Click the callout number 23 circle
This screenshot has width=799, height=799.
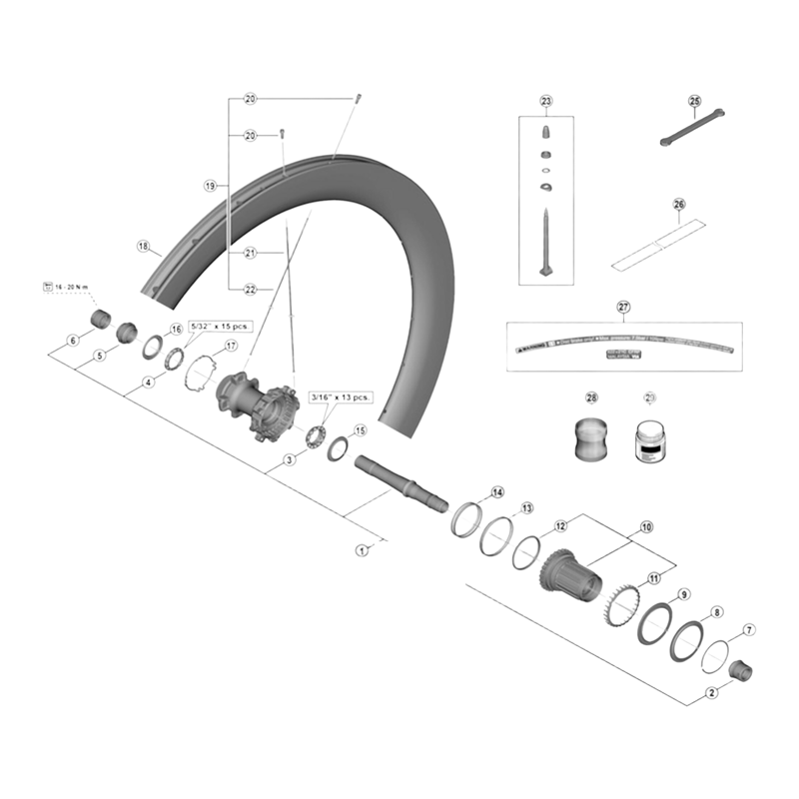pos(545,102)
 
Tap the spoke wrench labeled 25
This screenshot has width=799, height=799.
pos(691,126)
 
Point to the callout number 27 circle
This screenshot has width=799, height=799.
pos(623,308)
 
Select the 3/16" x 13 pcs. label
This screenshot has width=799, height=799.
pos(341,397)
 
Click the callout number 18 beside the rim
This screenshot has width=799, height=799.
pos(143,246)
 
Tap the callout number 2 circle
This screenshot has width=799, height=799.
pos(712,692)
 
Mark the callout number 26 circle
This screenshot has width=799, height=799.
pos(679,205)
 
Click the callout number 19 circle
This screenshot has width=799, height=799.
pos(210,186)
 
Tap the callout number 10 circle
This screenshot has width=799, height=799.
pos(646,526)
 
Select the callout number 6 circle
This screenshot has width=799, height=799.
pos(72,341)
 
